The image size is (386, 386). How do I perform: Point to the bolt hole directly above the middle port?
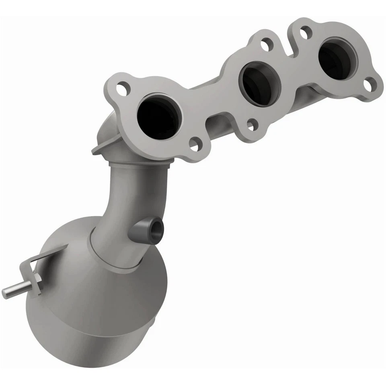(265, 44)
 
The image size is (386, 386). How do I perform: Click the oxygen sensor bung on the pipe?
(148, 228)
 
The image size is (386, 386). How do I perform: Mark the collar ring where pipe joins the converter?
(117, 257)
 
